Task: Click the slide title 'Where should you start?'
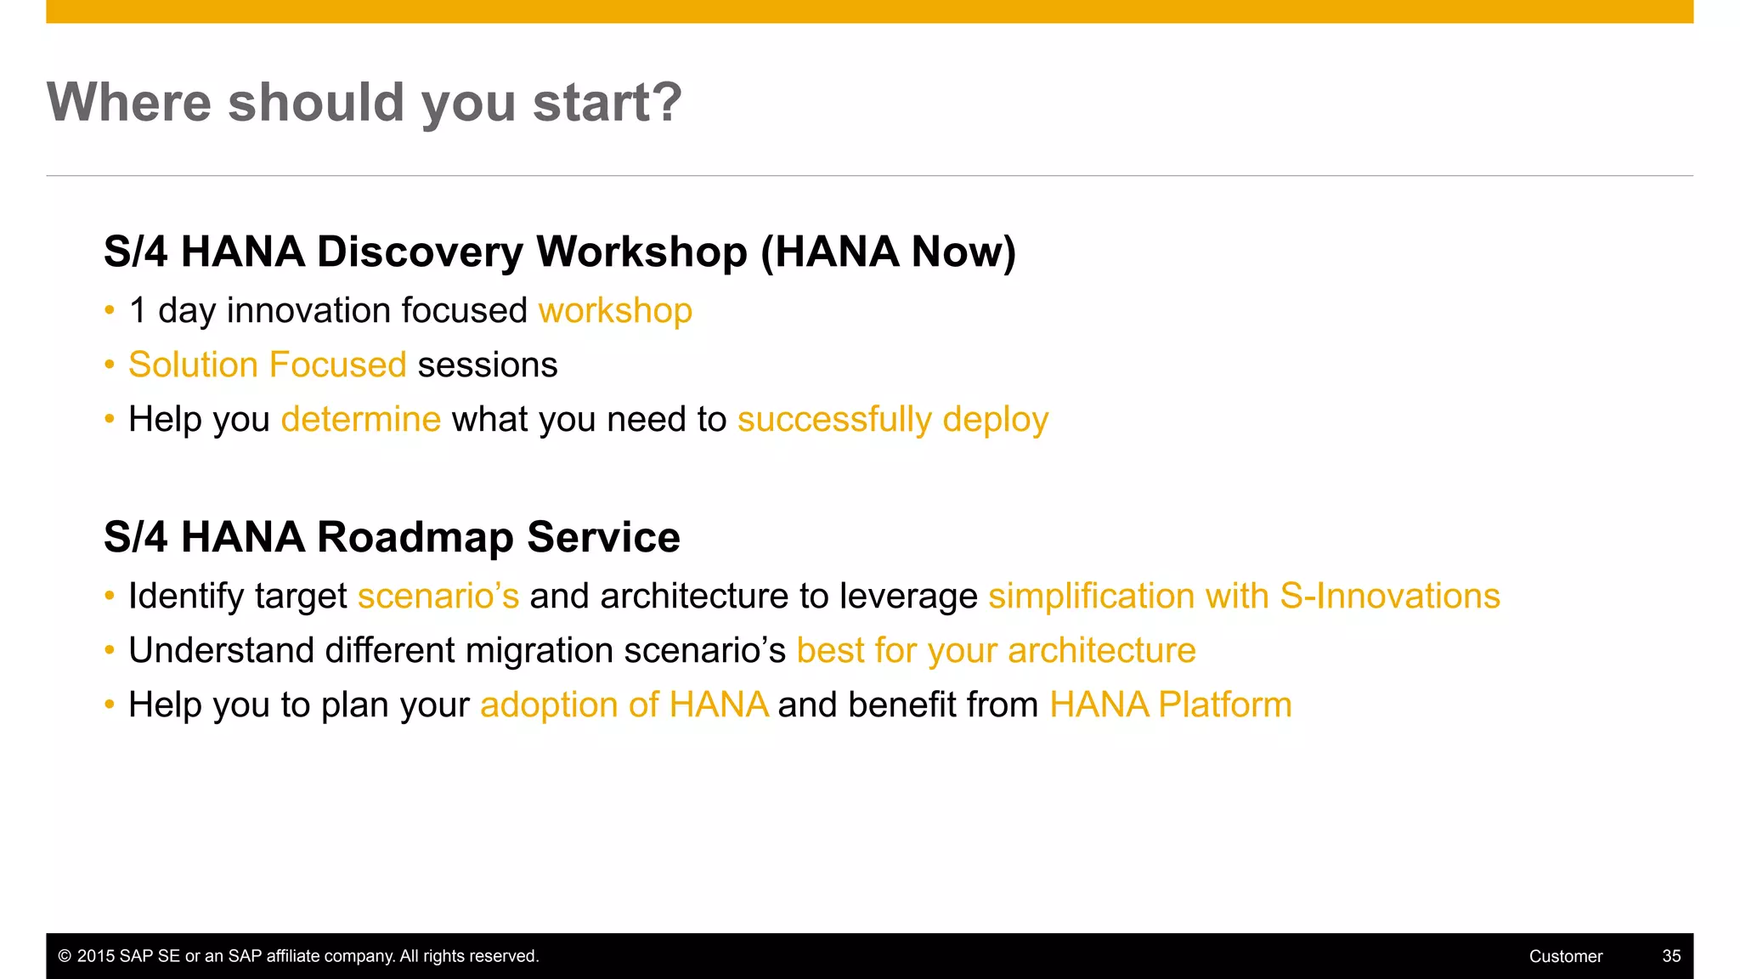pyautogui.click(x=364, y=103)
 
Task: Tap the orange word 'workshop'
pyautogui.click(x=615, y=311)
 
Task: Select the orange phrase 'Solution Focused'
pyautogui.click(x=268, y=365)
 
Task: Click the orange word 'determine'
pyautogui.click(x=361, y=420)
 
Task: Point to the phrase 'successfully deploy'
pyautogui.click(x=893, y=420)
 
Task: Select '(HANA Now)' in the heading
pyautogui.click(x=888, y=252)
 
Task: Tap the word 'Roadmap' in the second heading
pyautogui.click(x=415, y=538)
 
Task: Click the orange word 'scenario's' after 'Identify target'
pyautogui.click(x=438, y=597)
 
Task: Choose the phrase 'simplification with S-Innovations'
pyautogui.click(x=1244, y=597)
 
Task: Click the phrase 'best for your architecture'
pyautogui.click(x=996, y=651)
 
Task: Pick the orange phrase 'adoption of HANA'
pyautogui.click(x=624, y=705)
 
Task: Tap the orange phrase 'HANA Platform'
pyautogui.click(x=1170, y=705)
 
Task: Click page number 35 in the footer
pyautogui.click(x=1671, y=956)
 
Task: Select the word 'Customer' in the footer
pyautogui.click(x=1565, y=956)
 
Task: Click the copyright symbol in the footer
pyautogui.click(x=65, y=956)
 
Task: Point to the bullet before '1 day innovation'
pyautogui.click(x=110, y=311)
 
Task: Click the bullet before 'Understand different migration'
pyautogui.click(x=110, y=651)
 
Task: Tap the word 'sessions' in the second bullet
pyautogui.click(x=488, y=365)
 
